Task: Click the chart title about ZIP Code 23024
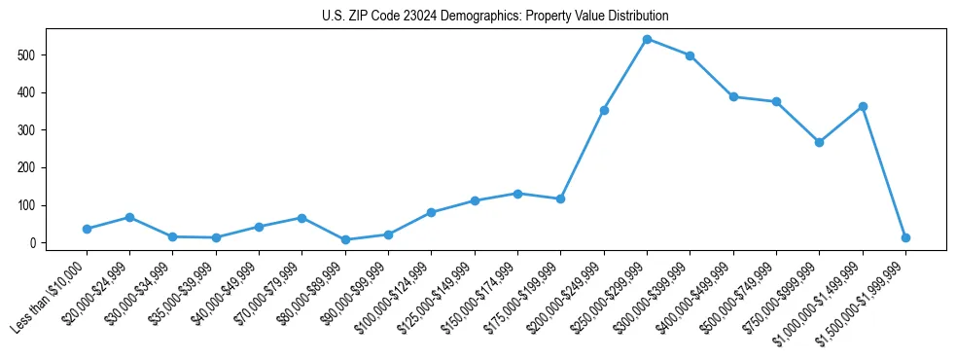(495, 17)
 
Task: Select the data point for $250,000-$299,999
(647, 39)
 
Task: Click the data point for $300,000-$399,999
(690, 55)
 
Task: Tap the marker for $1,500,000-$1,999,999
(905, 237)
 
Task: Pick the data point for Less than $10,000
(87, 229)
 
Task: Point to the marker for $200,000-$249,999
(604, 110)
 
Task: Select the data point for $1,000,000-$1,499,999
(863, 106)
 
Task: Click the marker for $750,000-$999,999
(819, 142)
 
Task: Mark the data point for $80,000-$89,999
(345, 239)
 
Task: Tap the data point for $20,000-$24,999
(129, 217)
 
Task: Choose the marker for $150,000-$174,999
(517, 194)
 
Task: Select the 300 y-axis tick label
(28, 130)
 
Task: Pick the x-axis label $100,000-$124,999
(393, 298)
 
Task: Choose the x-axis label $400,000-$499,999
(694, 298)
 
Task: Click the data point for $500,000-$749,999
(776, 101)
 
